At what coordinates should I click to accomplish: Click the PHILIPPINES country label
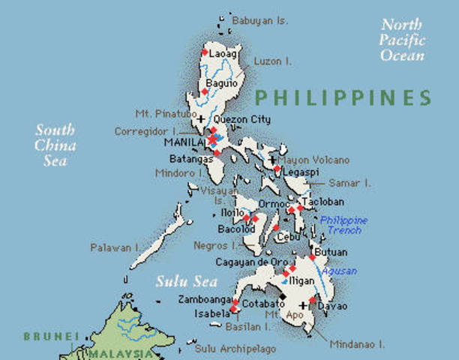point(343,97)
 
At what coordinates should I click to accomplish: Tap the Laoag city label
point(223,54)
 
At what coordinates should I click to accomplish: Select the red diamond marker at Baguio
point(205,91)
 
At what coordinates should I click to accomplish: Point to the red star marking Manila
point(212,139)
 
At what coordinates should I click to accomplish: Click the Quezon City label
point(241,119)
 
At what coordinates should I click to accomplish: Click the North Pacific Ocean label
point(401,40)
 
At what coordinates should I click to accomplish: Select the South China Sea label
point(55,145)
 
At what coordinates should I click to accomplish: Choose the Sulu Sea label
point(186,282)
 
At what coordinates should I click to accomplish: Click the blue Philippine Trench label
point(344,225)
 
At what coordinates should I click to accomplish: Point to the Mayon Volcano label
point(313,160)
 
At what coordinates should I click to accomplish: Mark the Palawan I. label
point(115,247)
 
